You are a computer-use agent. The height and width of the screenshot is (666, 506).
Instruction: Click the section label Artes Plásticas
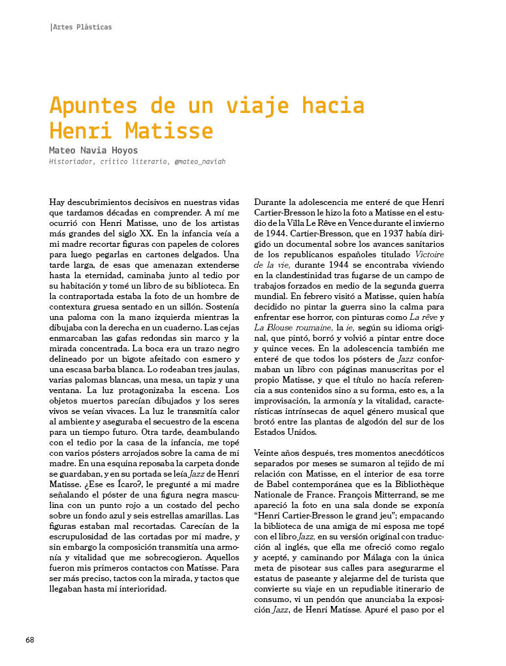82,27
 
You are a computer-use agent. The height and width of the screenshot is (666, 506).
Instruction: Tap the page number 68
30,639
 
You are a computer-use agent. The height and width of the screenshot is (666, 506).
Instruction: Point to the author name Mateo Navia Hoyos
94,150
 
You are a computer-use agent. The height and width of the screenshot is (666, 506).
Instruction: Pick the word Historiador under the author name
72,162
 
